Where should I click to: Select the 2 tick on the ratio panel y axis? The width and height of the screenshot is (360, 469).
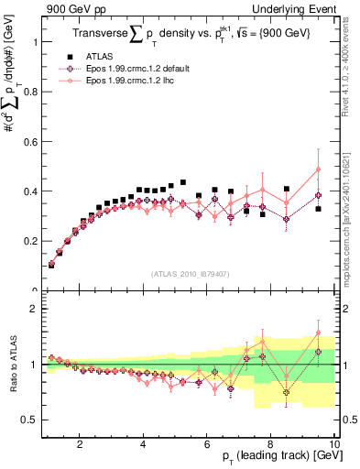pyautogui.click(x=32, y=309)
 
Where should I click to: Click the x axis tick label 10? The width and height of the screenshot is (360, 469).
pyautogui.click(x=333, y=444)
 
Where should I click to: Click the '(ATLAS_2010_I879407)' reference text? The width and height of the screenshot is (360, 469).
pyautogui.click(x=189, y=274)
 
